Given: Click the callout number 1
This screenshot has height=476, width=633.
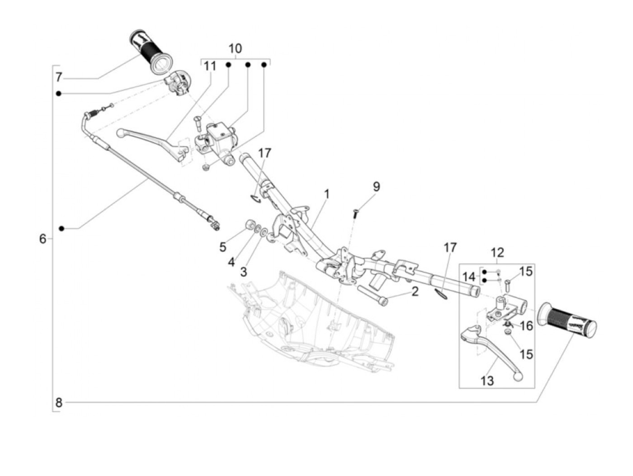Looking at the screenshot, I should point(326,195).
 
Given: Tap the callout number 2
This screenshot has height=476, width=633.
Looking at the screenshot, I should point(415,291).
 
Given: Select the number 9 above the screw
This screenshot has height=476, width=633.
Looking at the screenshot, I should point(376,186).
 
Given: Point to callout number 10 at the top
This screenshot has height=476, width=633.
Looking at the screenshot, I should point(235,48).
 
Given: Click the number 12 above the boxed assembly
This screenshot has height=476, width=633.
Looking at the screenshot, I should point(497,253).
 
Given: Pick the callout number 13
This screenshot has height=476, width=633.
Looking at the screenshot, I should point(487,381).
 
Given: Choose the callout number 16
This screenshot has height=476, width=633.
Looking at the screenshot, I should point(526,326).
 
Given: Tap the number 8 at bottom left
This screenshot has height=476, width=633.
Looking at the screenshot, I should point(59,402).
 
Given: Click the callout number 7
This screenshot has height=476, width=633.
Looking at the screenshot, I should point(59,77).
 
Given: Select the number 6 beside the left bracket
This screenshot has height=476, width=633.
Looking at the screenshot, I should point(43,238).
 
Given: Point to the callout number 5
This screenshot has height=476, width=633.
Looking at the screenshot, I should point(222,247).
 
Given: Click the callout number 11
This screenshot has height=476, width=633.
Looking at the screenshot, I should point(210,67).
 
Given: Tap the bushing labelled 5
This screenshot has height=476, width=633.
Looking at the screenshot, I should point(249,225).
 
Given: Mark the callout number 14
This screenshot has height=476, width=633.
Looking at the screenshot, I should point(469,276).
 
